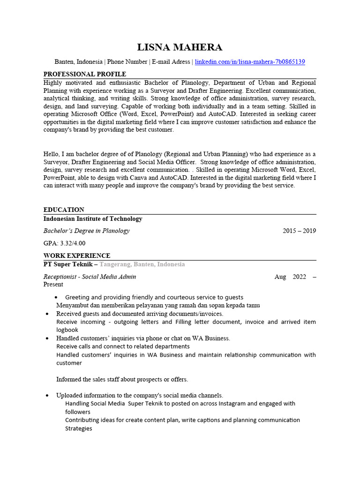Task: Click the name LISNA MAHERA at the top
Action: [180, 47]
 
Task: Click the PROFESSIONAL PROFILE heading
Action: [85, 74]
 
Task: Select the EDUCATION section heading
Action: [64, 210]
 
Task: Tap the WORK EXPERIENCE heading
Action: [77, 255]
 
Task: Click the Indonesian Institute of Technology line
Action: [93, 219]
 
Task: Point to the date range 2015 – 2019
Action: [299, 231]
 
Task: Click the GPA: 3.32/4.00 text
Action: [65, 243]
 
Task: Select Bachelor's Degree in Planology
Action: [87, 231]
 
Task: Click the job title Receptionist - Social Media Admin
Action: [90, 277]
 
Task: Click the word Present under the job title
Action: [53, 284]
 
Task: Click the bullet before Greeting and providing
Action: [56, 298]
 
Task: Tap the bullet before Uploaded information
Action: [47, 396]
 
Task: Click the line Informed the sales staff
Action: [122, 379]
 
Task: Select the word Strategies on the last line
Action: [78, 428]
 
